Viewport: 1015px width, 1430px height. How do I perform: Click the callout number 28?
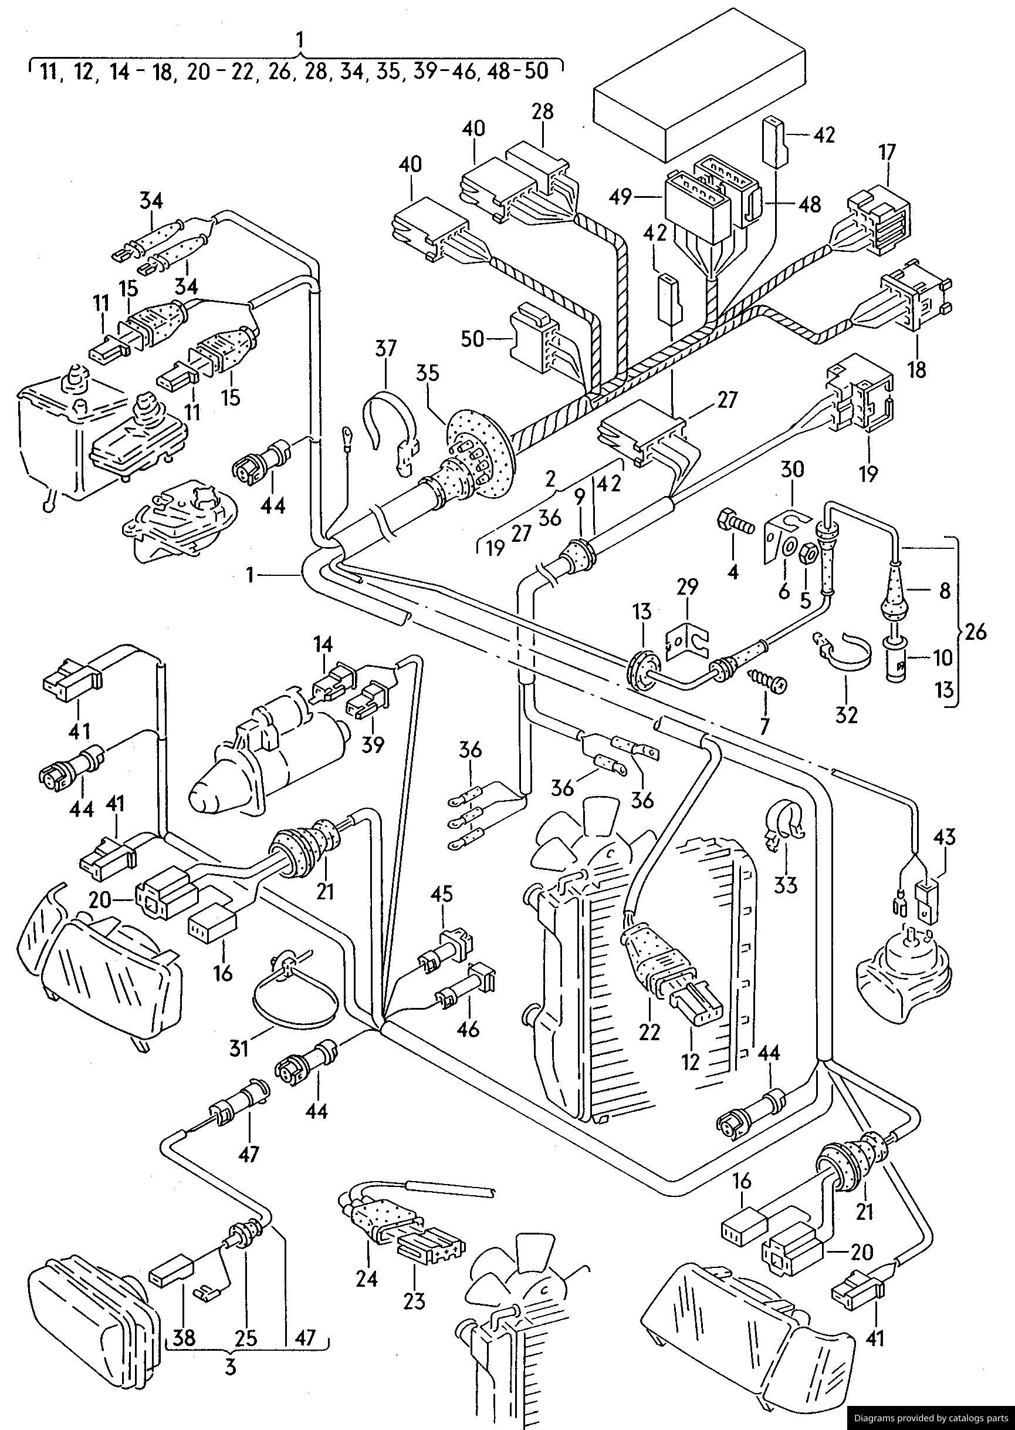click(x=543, y=112)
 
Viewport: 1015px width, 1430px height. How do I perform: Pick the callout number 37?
click(x=385, y=348)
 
